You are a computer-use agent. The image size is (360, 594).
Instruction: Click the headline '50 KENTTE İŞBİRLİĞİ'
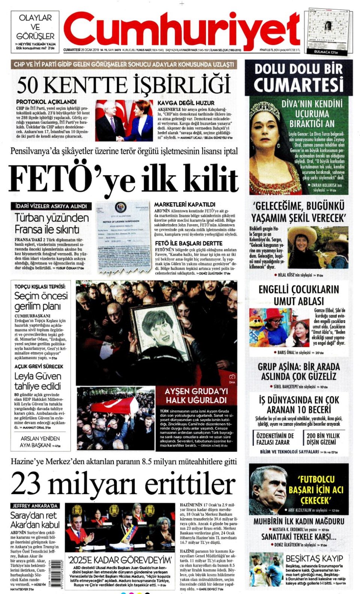click(123, 85)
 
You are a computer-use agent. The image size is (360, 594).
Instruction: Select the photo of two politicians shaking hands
click(124, 120)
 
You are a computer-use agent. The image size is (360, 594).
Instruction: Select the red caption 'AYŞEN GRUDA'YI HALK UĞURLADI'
click(196, 396)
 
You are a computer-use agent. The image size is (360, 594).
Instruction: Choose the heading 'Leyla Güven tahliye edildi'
click(37, 381)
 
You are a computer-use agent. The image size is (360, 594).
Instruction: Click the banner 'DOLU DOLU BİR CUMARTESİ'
click(298, 77)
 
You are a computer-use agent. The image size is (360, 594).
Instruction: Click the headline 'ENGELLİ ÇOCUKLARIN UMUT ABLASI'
click(298, 295)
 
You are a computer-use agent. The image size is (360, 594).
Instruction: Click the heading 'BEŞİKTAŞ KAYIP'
click(314, 558)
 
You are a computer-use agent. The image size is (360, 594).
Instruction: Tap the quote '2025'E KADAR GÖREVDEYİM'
click(120, 561)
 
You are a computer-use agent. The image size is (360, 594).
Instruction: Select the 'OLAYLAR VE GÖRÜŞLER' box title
click(35, 27)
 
